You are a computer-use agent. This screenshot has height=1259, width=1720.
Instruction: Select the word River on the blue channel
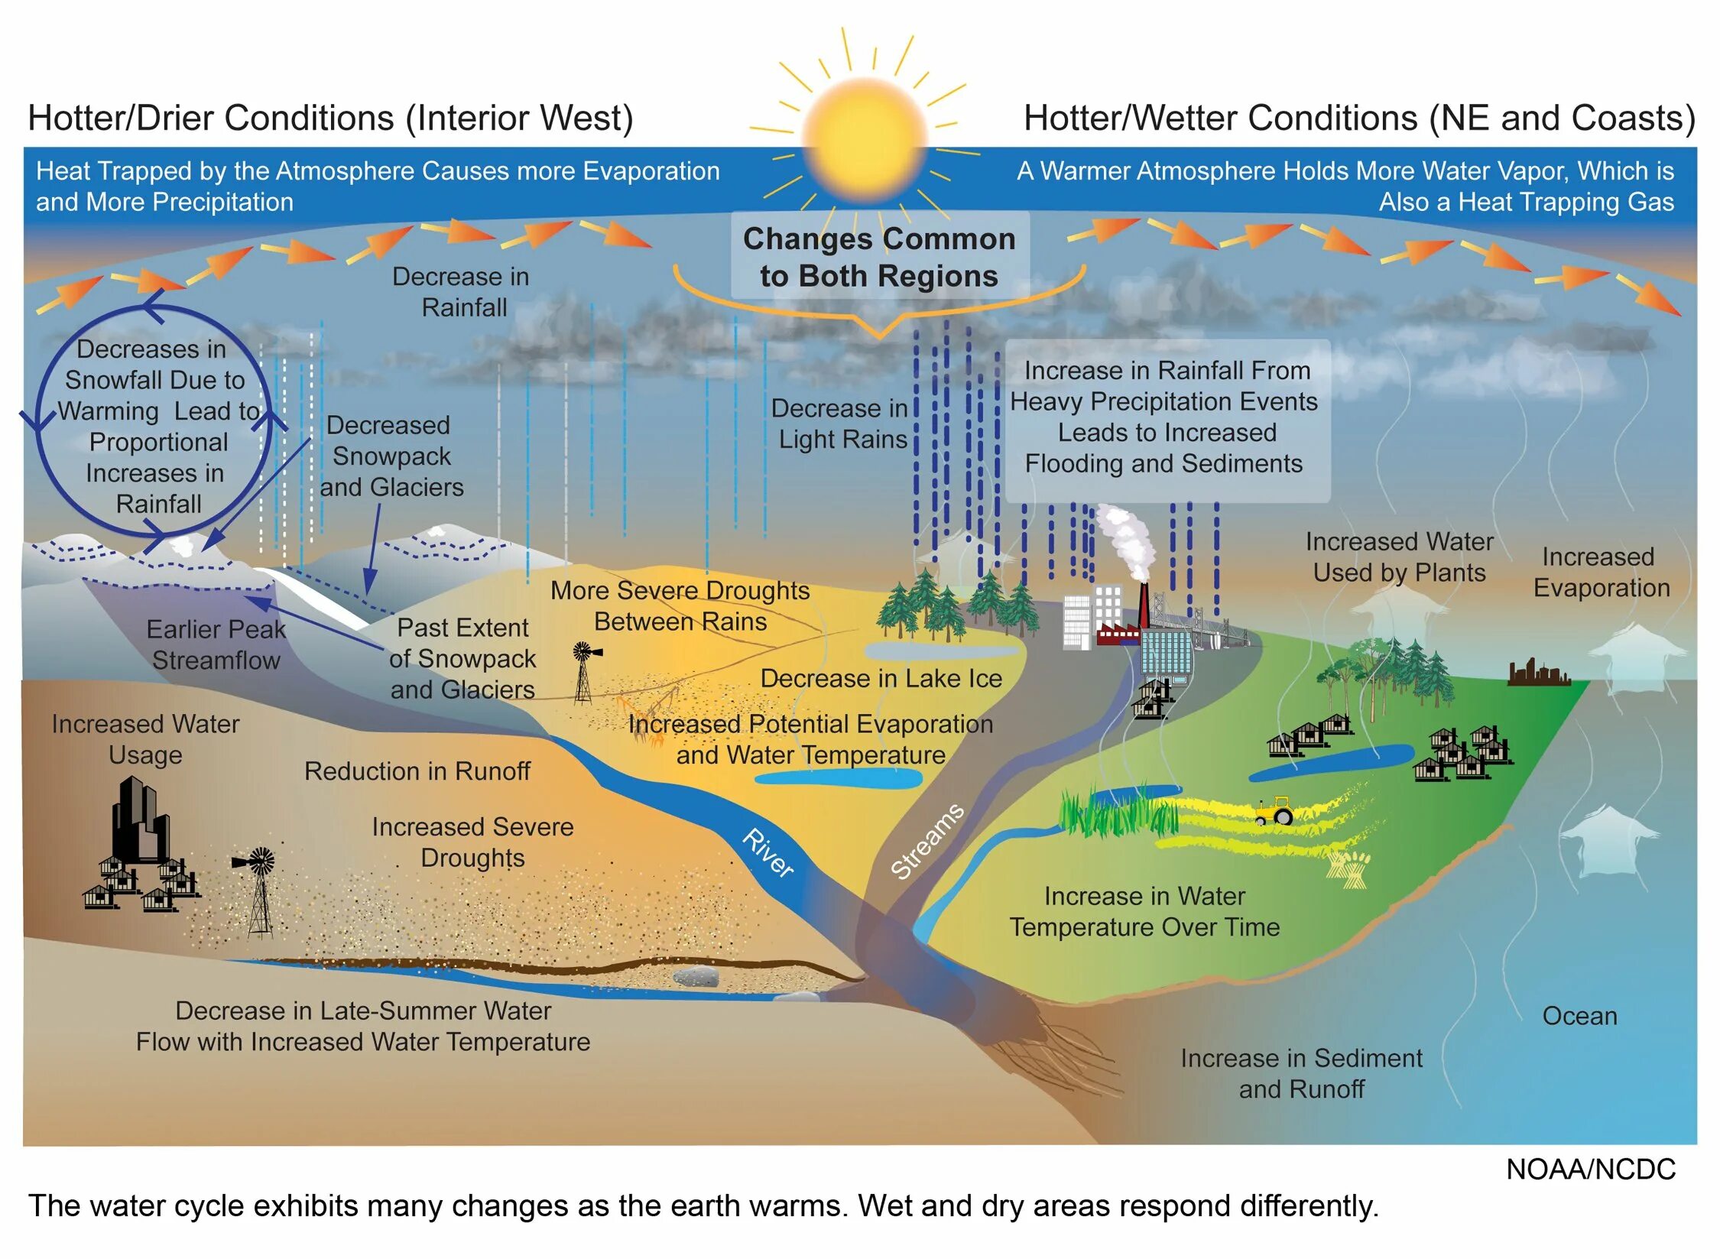(768, 852)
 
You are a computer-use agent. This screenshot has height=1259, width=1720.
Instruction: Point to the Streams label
(927, 841)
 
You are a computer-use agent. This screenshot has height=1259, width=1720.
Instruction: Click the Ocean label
(1579, 1016)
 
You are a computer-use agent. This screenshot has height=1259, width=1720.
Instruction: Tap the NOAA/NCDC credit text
(1590, 1169)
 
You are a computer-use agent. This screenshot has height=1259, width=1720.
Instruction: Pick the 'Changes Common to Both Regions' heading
(879, 258)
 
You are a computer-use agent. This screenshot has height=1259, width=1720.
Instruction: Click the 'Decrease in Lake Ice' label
(881, 679)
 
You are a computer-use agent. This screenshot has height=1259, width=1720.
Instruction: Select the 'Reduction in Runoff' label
(417, 771)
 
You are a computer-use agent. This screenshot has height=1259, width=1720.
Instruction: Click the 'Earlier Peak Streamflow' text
(216, 644)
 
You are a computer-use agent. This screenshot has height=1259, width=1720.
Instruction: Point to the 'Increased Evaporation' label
(1601, 573)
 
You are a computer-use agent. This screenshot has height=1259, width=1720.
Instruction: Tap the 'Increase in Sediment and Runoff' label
(1301, 1073)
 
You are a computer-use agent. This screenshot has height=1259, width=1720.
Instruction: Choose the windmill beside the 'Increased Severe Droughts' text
(258, 891)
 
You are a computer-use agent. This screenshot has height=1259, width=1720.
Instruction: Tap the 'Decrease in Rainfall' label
(462, 292)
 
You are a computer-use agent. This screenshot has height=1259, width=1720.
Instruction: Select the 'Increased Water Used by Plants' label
(1399, 557)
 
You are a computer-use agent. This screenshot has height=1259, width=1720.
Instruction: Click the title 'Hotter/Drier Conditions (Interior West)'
(330, 118)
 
